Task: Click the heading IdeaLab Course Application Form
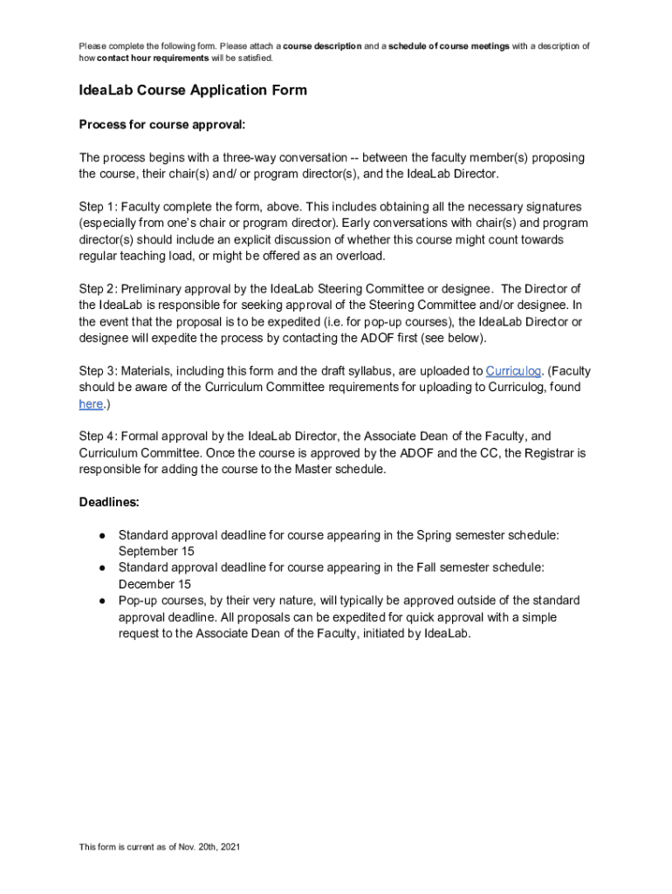[x=193, y=90]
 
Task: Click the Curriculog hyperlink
[x=512, y=371]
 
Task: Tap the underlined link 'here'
[x=91, y=403]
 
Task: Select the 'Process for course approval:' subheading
[x=162, y=125]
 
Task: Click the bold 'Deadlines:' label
[x=109, y=502]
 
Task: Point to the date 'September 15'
[x=156, y=551]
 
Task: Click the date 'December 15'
[x=154, y=584]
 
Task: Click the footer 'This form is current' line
[x=159, y=847]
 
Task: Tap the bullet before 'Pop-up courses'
[x=102, y=601]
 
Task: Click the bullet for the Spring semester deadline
[x=102, y=534]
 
